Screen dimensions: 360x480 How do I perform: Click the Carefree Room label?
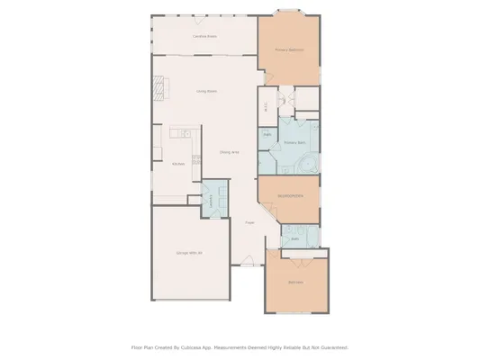point(204,37)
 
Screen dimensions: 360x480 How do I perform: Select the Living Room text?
point(206,92)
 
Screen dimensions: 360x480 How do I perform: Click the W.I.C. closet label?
point(266,107)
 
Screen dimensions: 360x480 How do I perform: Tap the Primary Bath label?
point(294,142)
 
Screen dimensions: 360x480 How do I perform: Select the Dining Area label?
point(229,153)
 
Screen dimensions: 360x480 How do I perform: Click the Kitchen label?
point(178,163)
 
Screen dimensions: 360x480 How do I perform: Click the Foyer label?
point(249,222)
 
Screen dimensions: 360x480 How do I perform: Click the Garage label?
point(189,253)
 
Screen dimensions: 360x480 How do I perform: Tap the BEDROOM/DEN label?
point(289,195)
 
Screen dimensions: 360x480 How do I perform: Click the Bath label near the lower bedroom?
point(295,239)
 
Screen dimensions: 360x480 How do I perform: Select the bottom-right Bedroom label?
point(295,283)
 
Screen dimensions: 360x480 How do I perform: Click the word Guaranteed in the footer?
point(330,346)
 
